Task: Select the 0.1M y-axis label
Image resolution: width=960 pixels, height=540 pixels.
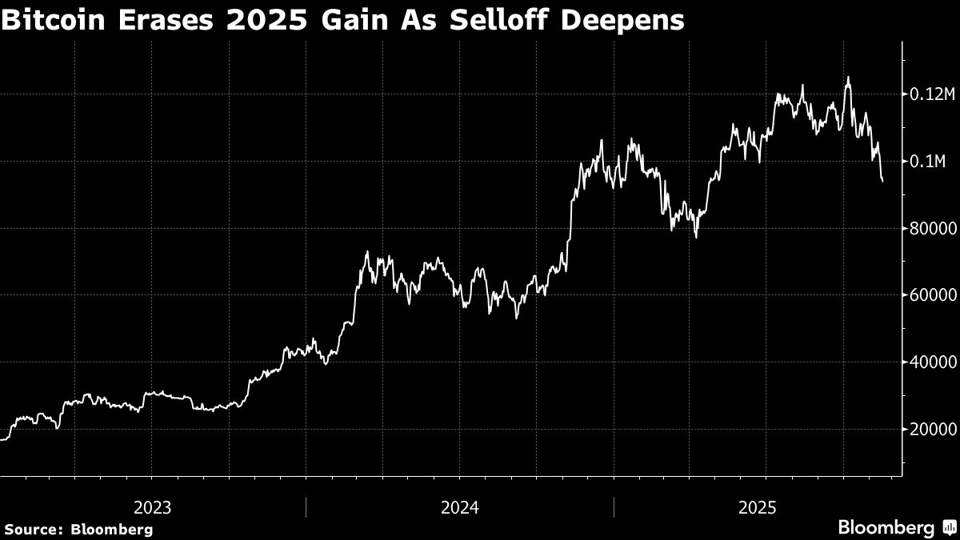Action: point(928,162)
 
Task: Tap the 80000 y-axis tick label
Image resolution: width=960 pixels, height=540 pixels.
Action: point(932,229)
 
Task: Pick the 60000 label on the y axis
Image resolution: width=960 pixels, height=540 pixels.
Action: point(932,295)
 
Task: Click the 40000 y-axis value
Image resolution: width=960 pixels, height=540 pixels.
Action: point(932,362)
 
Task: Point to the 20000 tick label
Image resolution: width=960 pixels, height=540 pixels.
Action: point(932,430)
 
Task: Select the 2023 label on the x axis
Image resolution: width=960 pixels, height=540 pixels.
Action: point(152,507)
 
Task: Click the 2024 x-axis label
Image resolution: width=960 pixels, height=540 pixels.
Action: point(460,507)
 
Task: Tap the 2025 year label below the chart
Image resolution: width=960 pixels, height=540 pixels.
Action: point(758,507)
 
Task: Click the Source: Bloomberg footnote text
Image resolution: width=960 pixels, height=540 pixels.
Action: point(78,529)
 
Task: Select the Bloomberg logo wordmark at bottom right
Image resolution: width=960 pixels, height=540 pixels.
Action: point(886,528)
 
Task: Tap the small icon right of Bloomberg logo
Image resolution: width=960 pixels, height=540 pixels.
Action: point(949,528)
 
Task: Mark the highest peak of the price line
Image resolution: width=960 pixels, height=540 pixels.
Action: point(848,78)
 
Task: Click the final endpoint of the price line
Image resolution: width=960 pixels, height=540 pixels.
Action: point(882,181)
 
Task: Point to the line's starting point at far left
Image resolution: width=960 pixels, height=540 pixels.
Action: point(2,439)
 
